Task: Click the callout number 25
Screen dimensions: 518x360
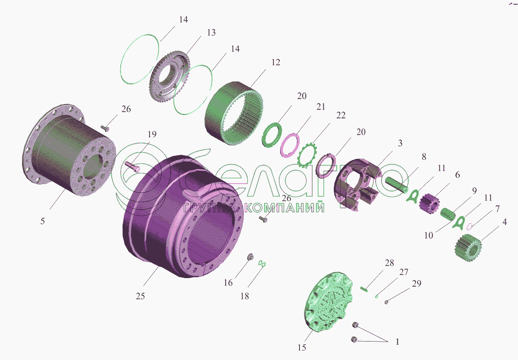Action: coord(141,296)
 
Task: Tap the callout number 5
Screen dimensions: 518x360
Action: coord(43,221)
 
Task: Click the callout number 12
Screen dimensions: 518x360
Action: coord(276,62)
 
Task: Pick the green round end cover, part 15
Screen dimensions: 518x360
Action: coord(328,302)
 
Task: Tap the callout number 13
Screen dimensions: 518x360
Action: coord(211,32)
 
